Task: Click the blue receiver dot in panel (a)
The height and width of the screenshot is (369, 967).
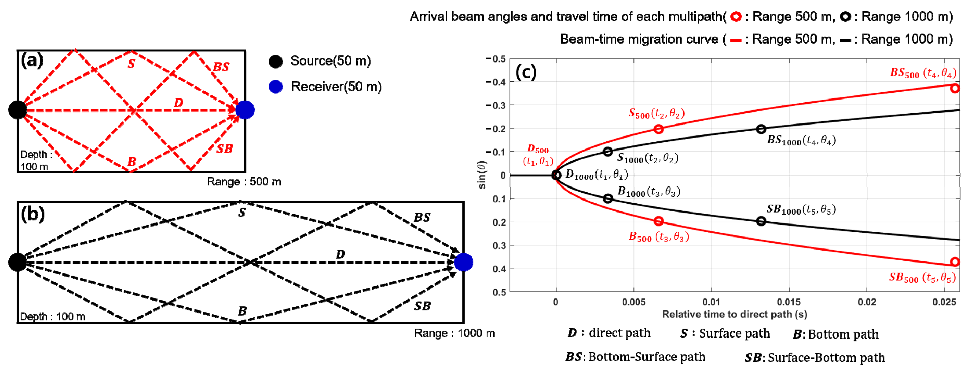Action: coord(245,110)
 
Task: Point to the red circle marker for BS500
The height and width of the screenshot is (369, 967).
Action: coord(955,88)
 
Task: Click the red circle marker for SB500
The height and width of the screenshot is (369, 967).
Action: coord(955,262)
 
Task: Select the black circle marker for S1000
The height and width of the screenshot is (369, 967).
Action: coord(608,152)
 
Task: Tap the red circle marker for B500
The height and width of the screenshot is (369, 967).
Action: coord(658,221)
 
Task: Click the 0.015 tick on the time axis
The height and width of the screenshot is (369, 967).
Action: coord(789,302)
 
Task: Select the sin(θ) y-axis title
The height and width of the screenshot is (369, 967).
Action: coord(482,175)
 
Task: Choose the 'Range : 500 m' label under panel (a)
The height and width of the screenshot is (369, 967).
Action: coord(244,182)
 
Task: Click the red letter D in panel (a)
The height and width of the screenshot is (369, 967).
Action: coord(179,103)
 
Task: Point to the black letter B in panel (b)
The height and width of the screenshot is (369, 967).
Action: coord(243,311)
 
